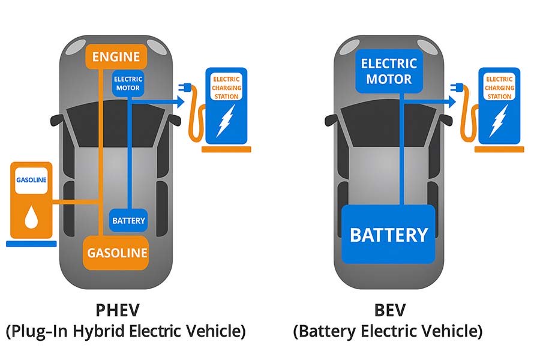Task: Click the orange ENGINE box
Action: pos(116,57)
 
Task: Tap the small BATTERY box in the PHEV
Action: pos(128,220)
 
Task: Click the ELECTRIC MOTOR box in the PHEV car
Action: pos(127,83)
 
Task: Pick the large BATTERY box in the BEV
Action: pos(388,234)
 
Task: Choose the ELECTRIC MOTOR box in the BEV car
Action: pos(388,71)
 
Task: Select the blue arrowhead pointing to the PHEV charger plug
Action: pos(179,103)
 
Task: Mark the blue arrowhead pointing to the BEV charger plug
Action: pos(451,103)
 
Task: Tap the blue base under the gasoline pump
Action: pos(31,244)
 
